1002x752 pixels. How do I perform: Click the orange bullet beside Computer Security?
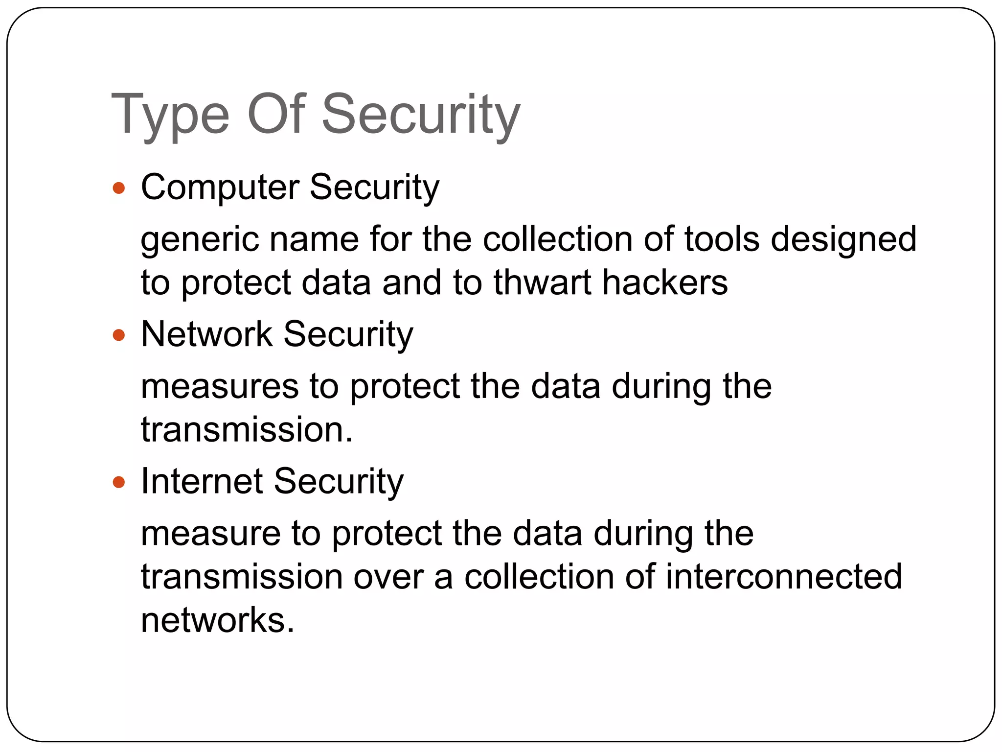click(119, 188)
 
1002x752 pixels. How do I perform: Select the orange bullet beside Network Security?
click(119, 335)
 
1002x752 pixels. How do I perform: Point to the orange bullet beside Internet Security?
click(119, 483)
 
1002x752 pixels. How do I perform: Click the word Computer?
click(220, 188)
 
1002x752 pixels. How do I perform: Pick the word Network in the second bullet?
click(206, 334)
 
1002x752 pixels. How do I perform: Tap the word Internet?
click(202, 481)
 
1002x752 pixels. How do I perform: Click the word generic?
click(199, 240)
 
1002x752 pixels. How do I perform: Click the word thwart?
click(542, 282)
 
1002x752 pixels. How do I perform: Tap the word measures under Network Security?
click(219, 387)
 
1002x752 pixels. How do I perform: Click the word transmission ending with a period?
click(247, 430)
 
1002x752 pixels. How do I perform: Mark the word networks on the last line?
click(218, 620)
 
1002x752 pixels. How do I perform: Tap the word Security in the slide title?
click(421, 116)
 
